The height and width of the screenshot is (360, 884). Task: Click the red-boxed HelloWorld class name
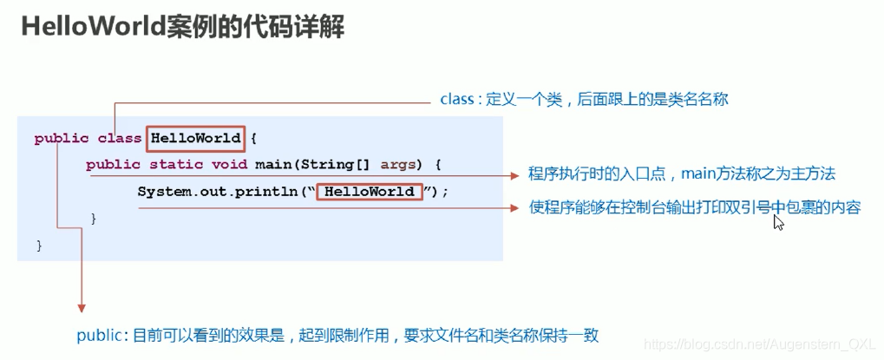pos(195,138)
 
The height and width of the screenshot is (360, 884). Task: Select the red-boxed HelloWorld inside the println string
pos(370,192)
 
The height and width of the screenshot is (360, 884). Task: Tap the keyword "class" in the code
pos(119,138)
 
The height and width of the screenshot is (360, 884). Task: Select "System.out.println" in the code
pos(221,192)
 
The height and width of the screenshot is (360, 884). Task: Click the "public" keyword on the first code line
pos(62,138)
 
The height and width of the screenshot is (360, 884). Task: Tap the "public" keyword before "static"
pos(113,165)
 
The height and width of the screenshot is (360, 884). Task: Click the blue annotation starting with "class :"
pos(584,99)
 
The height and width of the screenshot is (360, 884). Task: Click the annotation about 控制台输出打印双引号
pos(694,208)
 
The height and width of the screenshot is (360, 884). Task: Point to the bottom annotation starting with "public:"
pos(337,335)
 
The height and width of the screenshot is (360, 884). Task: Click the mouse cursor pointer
pos(778,222)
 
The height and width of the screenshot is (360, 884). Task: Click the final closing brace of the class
pos(39,246)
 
